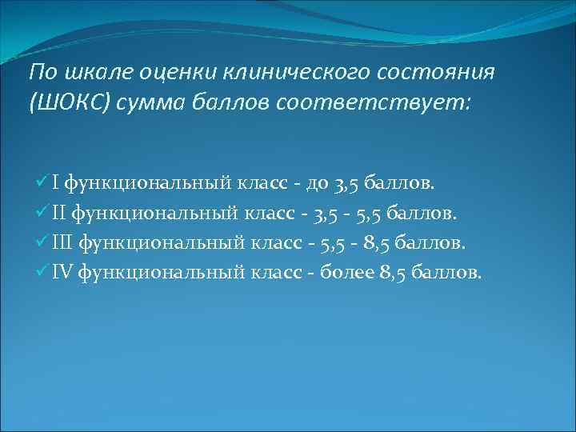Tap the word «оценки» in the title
[x=169, y=73]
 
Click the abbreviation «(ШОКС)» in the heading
[x=67, y=104]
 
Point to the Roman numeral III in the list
[x=63, y=242]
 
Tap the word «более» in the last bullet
[x=343, y=272]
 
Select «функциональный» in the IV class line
[x=163, y=272]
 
